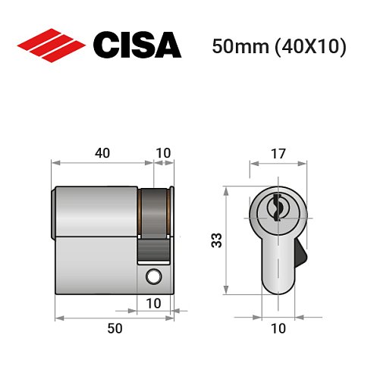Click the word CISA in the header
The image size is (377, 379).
(137, 45)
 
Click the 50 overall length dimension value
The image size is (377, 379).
(115, 327)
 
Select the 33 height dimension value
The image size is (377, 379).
(216, 241)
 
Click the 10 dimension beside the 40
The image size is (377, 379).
(163, 152)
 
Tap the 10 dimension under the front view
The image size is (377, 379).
(278, 327)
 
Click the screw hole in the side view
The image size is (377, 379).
(155, 277)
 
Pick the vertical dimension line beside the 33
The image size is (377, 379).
(226, 241)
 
